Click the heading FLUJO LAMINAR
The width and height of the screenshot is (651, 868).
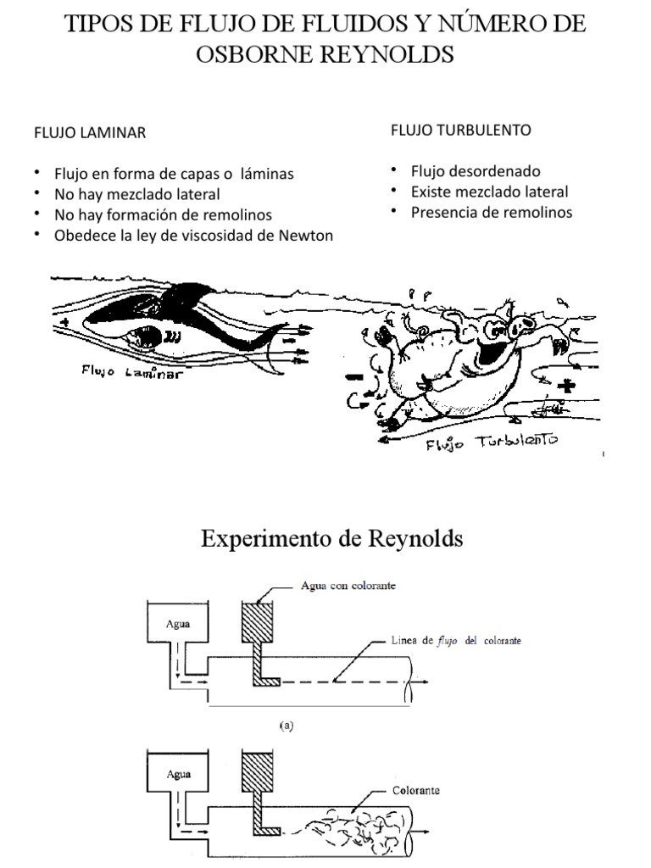tap(89, 132)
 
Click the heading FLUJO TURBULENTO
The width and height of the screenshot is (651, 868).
tap(460, 130)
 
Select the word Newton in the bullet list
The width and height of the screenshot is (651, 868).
tap(303, 236)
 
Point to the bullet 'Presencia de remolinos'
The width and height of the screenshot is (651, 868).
tap(491, 212)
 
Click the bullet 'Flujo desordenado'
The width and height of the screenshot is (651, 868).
tap(475, 171)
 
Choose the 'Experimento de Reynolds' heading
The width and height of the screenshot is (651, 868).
tap(331, 538)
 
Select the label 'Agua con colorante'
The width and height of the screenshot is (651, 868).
tap(349, 586)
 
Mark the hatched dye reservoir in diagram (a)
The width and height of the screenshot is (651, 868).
tap(255, 626)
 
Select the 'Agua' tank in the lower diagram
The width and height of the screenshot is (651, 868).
tap(178, 774)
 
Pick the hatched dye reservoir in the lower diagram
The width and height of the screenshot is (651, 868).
tap(255, 773)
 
